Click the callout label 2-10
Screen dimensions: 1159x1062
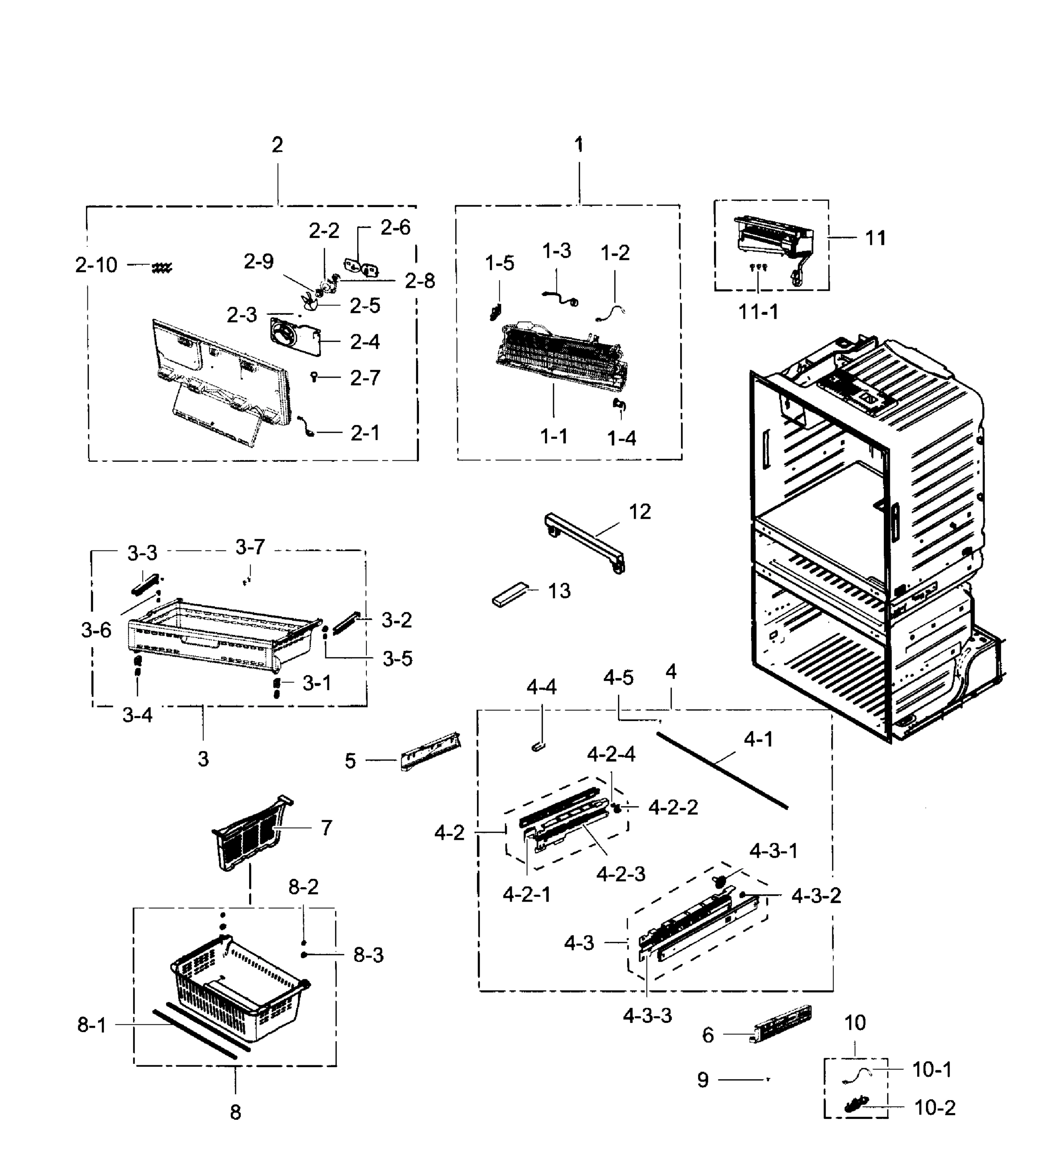96,265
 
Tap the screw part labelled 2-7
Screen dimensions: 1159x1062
314,377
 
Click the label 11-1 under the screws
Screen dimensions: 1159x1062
758,312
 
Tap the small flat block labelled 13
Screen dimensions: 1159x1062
509,594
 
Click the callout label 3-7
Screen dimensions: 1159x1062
250,547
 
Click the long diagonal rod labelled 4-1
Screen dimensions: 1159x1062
721,770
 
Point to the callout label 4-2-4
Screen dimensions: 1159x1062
611,754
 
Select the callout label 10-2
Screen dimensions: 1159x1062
935,1108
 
